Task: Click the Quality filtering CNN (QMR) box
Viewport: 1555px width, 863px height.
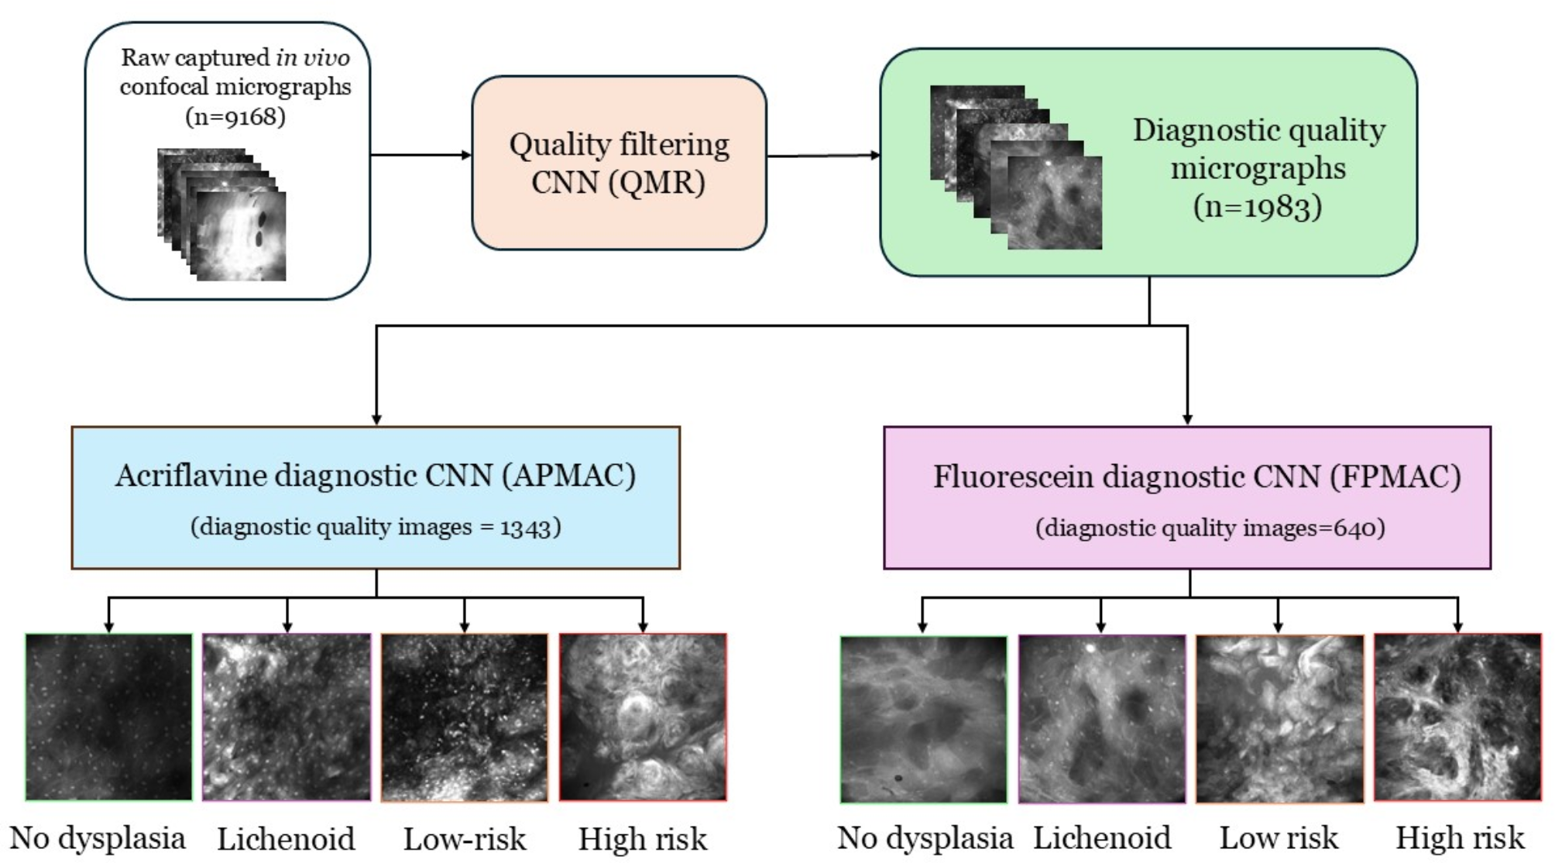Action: (619, 163)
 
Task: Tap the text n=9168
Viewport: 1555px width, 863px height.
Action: (235, 116)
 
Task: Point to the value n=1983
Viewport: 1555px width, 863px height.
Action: (1257, 207)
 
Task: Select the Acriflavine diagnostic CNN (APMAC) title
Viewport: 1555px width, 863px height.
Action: (376, 475)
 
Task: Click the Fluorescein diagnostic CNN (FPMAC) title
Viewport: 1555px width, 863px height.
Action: (1196, 476)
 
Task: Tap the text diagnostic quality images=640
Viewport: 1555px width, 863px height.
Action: (1210, 528)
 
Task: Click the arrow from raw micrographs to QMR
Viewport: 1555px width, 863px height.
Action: (421, 155)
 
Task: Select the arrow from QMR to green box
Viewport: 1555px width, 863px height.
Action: (822, 155)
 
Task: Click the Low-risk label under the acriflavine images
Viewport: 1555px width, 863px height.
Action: (464, 839)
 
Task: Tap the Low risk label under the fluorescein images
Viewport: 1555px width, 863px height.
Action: (1279, 838)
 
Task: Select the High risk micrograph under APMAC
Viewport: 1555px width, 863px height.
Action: (643, 717)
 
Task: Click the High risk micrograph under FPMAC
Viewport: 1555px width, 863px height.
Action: (1457, 717)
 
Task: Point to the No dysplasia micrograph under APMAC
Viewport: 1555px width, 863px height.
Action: (108, 717)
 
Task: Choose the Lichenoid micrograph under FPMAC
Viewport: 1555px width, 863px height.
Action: (1101, 718)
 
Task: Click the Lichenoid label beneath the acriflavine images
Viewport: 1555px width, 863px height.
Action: (285, 839)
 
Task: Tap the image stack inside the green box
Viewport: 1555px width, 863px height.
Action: (1015, 167)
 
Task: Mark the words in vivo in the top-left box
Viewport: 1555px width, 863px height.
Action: (312, 57)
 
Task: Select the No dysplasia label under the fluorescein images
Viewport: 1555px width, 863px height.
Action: (925, 838)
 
